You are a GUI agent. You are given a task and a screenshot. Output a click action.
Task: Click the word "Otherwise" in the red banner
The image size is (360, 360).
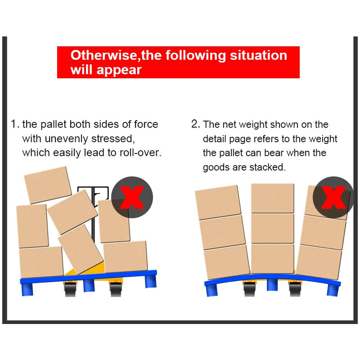coord(103,55)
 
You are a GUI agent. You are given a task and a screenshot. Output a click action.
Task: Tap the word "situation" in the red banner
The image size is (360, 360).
coord(258,55)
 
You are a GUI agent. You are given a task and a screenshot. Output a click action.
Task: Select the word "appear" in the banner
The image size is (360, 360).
coord(119,70)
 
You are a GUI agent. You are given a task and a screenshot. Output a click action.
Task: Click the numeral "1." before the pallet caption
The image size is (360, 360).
coord(15,124)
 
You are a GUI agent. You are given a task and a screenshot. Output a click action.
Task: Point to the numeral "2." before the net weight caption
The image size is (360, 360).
coord(196,124)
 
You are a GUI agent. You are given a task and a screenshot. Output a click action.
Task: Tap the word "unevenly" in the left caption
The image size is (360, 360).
coord(66,139)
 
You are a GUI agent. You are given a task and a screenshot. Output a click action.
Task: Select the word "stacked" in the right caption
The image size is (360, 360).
coord(267,167)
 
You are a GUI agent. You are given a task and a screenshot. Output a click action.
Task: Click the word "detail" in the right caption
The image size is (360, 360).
coord(215,139)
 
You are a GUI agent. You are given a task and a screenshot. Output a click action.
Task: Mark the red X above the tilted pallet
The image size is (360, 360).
coord(132,198)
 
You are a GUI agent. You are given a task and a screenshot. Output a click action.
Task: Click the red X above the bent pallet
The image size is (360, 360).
coord(333,198)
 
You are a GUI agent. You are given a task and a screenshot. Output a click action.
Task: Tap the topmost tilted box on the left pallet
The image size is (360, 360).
coord(48,185)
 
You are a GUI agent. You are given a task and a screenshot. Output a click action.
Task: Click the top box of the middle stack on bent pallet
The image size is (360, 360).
coord(273,198)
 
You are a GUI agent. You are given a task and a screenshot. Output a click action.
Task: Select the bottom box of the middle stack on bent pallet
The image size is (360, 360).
coord(273,258)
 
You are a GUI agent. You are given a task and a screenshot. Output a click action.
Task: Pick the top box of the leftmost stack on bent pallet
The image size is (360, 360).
coord(218,202)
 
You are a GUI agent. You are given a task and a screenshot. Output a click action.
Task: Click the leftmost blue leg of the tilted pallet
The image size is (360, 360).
coord(27,289)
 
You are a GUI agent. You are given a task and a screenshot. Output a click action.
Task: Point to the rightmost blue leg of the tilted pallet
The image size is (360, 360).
coord(151,281)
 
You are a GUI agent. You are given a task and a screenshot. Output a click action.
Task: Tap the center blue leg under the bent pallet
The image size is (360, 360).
coord(272,285)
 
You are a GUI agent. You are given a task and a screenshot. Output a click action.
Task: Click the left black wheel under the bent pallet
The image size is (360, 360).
coord(250,289)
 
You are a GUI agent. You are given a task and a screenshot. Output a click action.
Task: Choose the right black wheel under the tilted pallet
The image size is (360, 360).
coord(116,289)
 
